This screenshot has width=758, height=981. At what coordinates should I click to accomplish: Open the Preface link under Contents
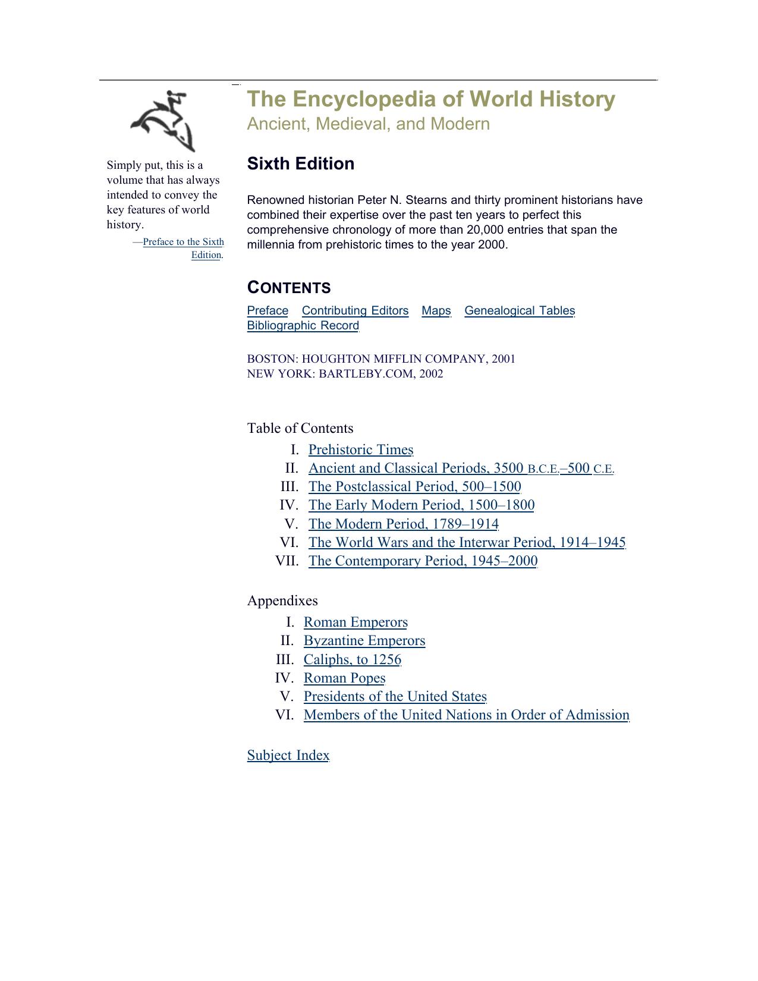tap(268, 310)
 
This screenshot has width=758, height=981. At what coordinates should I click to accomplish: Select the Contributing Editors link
tap(355, 310)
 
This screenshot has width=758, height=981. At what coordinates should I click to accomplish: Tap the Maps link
tap(436, 310)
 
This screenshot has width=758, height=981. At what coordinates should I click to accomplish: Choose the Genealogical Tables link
tap(520, 310)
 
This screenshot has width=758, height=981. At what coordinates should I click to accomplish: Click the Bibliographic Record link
tap(303, 325)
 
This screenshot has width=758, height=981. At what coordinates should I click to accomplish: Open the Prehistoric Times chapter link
tap(361, 449)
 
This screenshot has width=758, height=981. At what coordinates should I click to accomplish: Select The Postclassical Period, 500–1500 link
tap(414, 486)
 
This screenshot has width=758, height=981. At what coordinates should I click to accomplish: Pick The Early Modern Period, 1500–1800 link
tap(421, 505)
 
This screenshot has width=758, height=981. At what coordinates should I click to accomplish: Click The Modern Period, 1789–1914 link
tap(403, 524)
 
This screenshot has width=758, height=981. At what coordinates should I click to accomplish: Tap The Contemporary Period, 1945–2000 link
tap(423, 561)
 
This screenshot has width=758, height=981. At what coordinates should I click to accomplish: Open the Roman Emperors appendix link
tap(356, 622)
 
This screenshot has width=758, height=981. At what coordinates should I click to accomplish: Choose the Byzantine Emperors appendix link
tap(364, 640)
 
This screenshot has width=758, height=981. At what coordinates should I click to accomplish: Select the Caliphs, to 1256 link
tap(353, 659)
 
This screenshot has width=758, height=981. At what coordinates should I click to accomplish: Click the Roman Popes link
tap(344, 678)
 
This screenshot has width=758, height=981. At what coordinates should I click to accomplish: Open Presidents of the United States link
tap(395, 696)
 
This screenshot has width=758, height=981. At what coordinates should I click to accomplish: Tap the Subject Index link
tap(288, 755)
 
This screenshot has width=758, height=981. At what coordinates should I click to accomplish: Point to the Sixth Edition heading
tap(301, 164)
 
